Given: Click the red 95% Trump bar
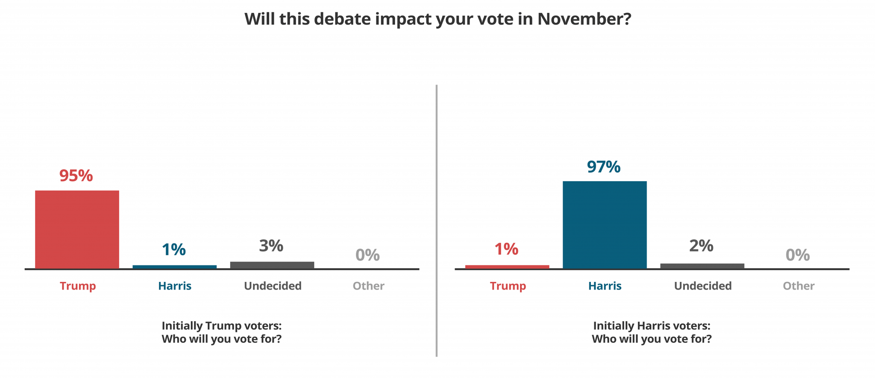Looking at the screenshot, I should pos(77,229).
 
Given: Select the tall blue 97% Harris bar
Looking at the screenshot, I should pos(605,225).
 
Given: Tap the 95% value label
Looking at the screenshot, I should pos(76,176).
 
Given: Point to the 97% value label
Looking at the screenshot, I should pos(604,167).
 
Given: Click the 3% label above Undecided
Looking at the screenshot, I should pos(271,246).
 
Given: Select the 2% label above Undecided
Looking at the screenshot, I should pos(701,246).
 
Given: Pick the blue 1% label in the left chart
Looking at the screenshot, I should pos(174,249).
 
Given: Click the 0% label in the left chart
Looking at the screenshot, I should pos(368,255).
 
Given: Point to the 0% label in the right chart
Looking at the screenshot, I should pos(798,255).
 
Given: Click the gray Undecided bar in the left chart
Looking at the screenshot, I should pos(272,265).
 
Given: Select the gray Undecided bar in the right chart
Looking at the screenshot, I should pos(702,266).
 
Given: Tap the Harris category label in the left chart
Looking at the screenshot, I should pos(175,286).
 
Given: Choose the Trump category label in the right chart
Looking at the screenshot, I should pos(508,286).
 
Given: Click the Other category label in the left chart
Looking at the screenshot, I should pos(368,286).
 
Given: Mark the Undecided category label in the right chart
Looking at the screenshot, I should pos(703,286).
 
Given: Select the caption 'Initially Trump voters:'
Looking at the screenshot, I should pos(221,325).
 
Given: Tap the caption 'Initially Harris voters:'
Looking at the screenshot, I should pos(652,325).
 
